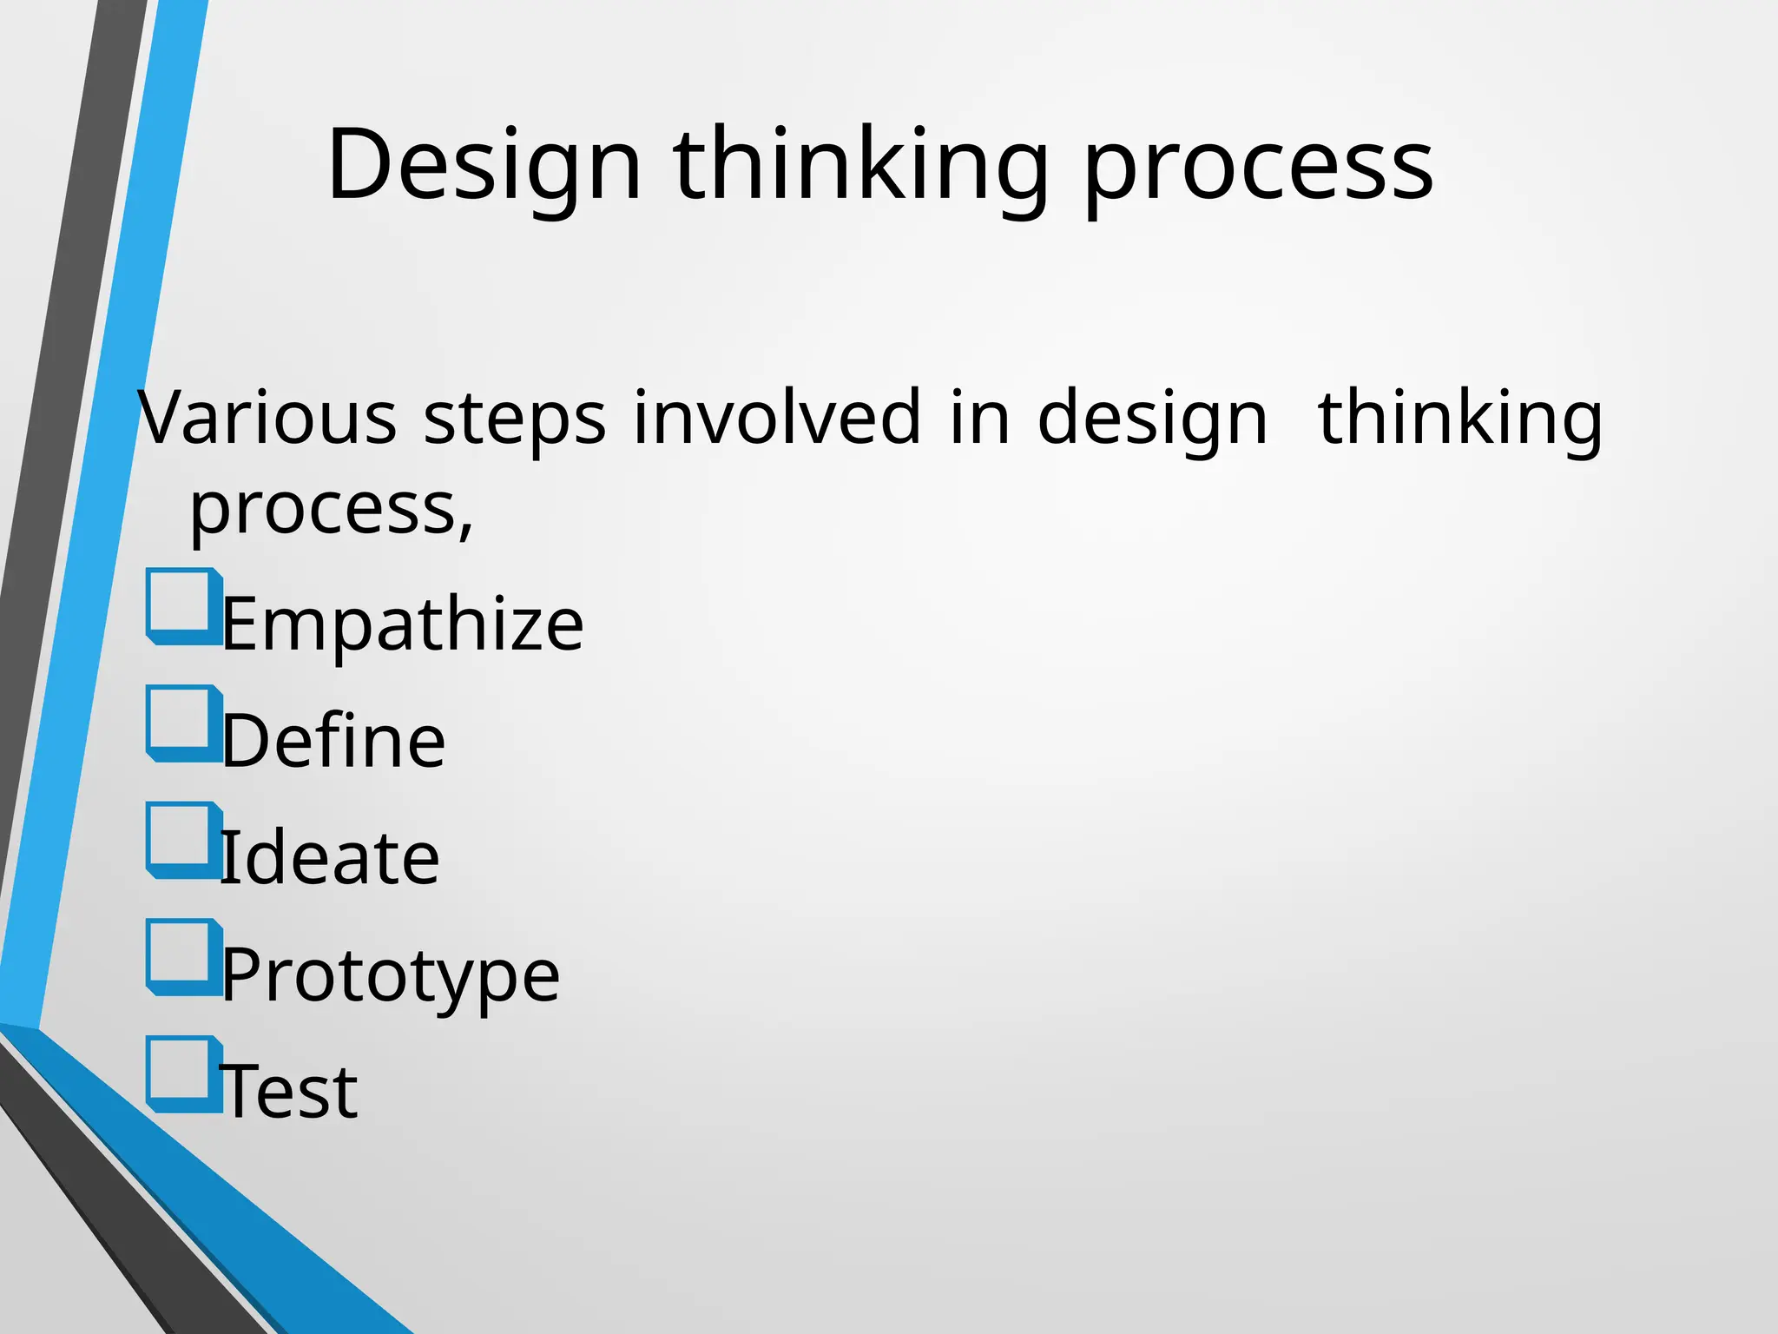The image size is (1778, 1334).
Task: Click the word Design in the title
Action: [484, 165]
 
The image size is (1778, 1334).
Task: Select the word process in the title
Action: [1258, 169]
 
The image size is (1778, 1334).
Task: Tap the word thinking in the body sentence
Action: [1459, 419]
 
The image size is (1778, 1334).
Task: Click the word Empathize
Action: [403, 625]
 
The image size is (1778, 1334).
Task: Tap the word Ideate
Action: [330, 858]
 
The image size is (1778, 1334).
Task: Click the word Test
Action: [290, 1092]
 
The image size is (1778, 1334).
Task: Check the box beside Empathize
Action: [182, 604]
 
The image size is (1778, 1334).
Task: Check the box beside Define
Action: [182, 722]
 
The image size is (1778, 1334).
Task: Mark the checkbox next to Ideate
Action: [182, 838]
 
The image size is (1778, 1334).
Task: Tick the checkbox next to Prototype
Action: [182, 955]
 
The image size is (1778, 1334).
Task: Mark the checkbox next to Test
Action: [182, 1073]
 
